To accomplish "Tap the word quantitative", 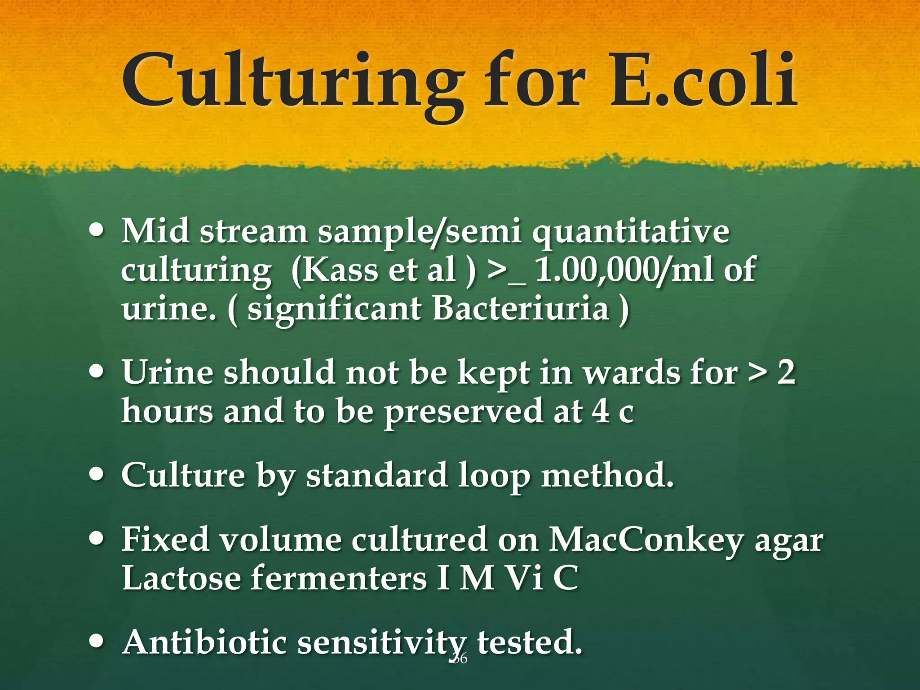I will pos(631,233).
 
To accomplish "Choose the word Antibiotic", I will pos(204,642).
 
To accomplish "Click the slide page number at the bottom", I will pos(459,659).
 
